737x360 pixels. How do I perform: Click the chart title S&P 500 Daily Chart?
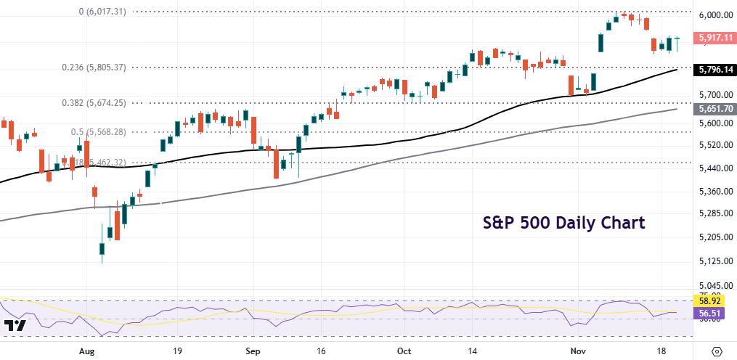[x=564, y=223]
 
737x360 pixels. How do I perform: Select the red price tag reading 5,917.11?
[x=715, y=37]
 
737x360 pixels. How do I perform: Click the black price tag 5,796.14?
[x=715, y=70]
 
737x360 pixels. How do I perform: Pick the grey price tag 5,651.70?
[x=715, y=109]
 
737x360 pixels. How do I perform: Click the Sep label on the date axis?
[x=252, y=350]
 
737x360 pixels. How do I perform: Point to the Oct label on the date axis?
[x=404, y=350]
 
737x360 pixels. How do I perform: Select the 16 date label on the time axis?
[x=321, y=350]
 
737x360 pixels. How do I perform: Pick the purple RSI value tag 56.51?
[x=715, y=313]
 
